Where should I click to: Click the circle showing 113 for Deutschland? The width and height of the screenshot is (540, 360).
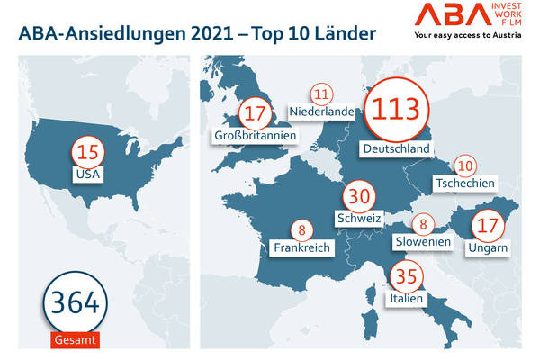[x=397, y=110]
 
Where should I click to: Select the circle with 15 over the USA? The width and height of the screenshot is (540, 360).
[x=87, y=149]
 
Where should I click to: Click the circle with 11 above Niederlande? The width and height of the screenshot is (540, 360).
[x=321, y=93]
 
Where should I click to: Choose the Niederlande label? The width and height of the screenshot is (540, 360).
[x=321, y=112]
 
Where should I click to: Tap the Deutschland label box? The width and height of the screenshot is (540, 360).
[x=393, y=148]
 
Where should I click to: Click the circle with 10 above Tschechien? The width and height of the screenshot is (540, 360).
[x=464, y=166]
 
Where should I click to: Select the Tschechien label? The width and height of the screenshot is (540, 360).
[x=464, y=184]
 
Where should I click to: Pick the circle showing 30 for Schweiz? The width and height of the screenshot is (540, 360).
[x=359, y=199]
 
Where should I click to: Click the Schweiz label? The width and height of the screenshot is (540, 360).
[x=359, y=219]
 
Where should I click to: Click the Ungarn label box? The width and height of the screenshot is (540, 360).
[x=489, y=247]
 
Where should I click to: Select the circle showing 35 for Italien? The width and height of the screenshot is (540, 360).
[x=406, y=276]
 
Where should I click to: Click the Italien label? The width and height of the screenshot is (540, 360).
[x=406, y=298]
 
